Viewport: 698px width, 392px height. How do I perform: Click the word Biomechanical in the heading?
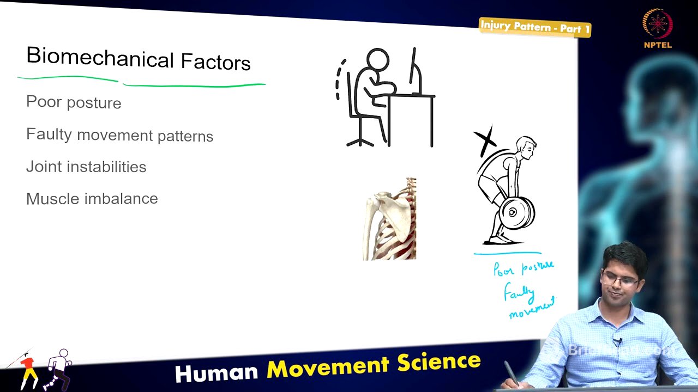pos(99,58)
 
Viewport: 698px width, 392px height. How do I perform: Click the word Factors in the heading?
pos(215,62)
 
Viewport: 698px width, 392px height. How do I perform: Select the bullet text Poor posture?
pos(74,102)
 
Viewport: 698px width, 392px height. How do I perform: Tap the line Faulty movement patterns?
pos(119,134)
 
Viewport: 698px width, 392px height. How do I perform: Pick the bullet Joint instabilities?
pos(86,167)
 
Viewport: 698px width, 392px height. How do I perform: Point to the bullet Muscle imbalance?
pos(92,199)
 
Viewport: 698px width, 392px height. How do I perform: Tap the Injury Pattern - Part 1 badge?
pos(534,27)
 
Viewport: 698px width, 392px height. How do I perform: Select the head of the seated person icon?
pos(377,60)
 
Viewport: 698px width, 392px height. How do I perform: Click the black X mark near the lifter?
pos(485,140)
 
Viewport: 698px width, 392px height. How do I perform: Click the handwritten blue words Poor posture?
pos(523,268)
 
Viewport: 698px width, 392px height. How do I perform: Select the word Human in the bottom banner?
pos(216,372)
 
